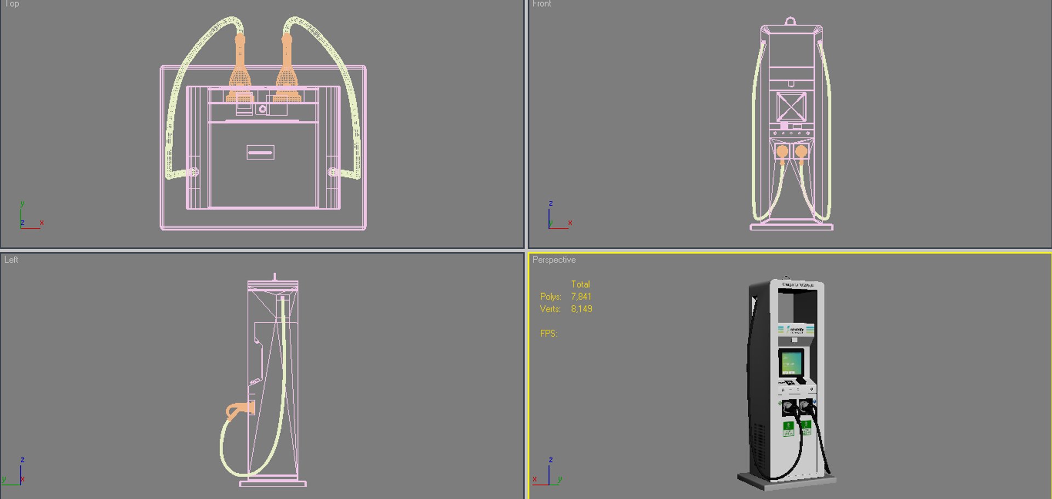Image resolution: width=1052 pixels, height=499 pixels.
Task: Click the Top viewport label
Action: tap(12, 4)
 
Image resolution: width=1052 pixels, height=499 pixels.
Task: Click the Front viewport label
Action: tap(541, 4)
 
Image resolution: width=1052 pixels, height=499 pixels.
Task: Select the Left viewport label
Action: tap(11, 260)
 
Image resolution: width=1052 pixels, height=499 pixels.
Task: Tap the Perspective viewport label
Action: tap(553, 260)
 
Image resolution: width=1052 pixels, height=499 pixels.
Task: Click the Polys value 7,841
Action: tap(581, 296)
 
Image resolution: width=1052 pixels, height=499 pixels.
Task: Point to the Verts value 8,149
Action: tap(581, 309)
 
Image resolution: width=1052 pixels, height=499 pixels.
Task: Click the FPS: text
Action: tap(548, 334)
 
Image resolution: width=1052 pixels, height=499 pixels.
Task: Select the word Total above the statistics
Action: tap(580, 284)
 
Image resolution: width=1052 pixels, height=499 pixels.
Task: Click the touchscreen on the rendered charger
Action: tap(791, 362)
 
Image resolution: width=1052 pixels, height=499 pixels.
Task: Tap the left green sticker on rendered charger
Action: tap(788, 428)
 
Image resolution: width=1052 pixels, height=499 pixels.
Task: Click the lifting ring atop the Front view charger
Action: tap(790, 21)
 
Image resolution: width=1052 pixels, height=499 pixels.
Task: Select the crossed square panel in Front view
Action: tap(791, 106)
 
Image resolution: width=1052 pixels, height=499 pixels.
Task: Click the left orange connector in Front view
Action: tap(782, 152)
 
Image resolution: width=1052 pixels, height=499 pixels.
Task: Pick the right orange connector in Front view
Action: tap(801, 152)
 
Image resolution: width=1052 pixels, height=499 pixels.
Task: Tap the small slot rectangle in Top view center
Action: tap(260, 152)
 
